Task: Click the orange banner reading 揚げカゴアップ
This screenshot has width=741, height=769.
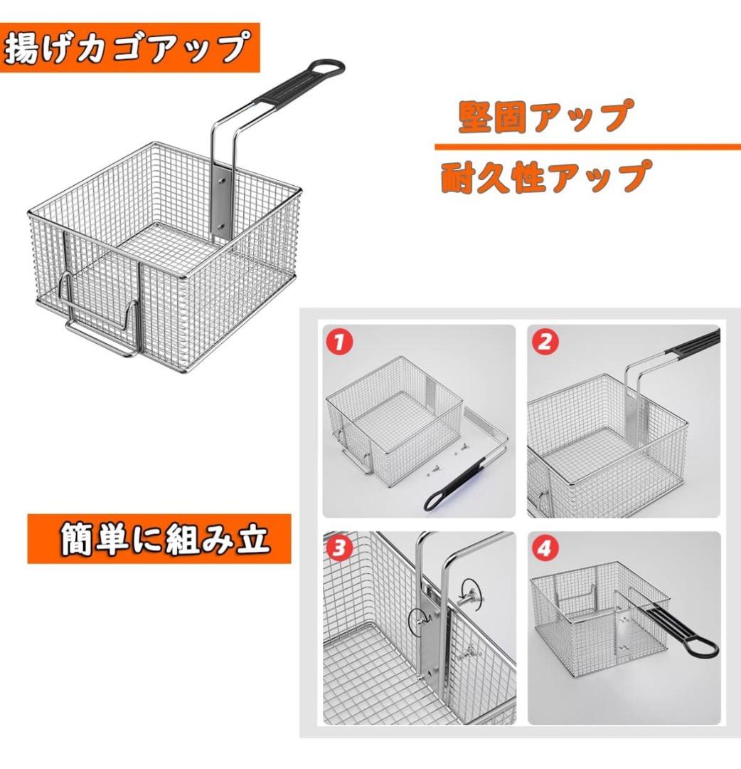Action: pos(129,48)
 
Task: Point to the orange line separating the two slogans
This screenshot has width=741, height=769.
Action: pos(587,147)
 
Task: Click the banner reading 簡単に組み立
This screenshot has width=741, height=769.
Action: pos(159,539)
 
